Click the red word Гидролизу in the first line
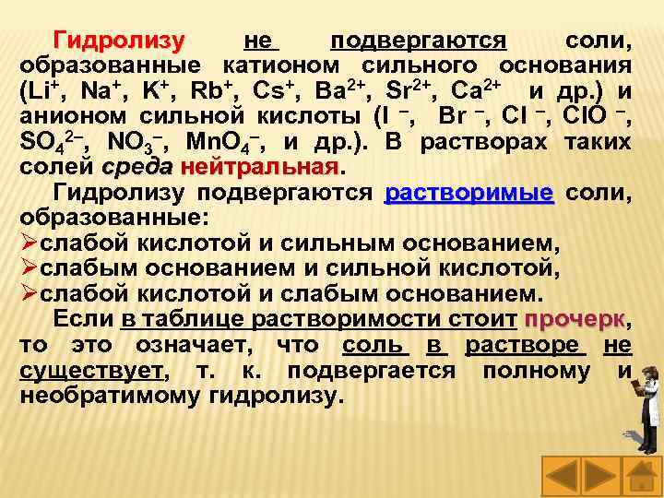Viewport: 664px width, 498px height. (x=119, y=41)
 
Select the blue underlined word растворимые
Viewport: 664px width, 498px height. (x=468, y=194)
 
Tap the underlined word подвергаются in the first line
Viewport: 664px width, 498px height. (x=419, y=41)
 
